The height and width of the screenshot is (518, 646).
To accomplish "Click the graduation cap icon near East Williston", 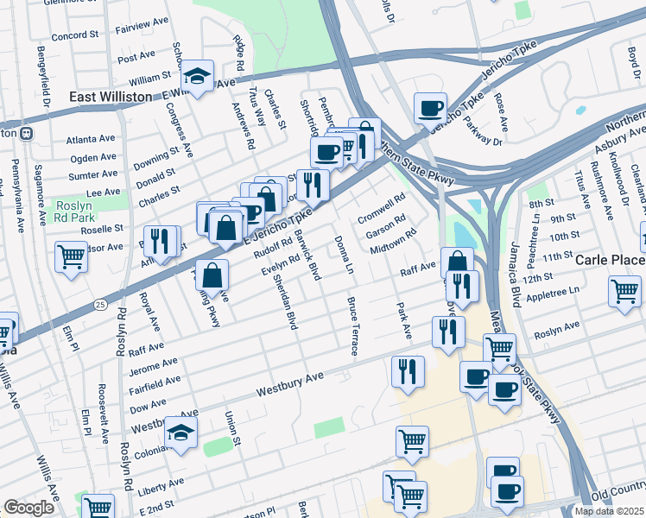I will pyautogui.click(x=198, y=76).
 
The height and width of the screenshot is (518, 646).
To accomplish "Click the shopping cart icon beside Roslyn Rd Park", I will pyautogui.click(x=71, y=256).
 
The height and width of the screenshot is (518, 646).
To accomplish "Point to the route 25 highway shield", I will pyautogui.click(x=101, y=305).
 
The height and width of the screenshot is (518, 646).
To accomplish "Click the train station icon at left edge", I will pyautogui.click(x=26, y=134).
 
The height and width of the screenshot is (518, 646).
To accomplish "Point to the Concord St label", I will pyautogui.click(x=75, y=35).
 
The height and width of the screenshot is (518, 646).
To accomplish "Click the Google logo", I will pyautogui.click(x=28, y=508).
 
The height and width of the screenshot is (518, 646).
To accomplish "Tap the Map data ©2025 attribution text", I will pyautogui.click(x=609, y=511).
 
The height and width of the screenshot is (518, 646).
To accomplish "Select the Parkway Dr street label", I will pyautogui.click(x=486, y=134).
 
